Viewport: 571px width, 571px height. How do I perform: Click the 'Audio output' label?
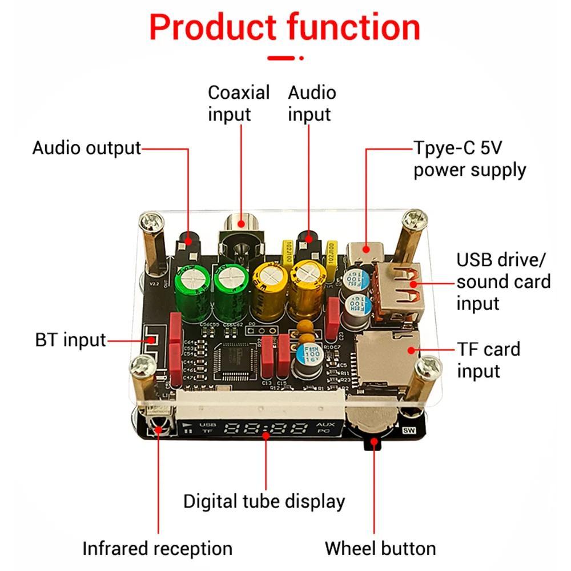(x=86, y=148)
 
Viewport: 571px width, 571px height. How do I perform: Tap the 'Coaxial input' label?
(x=238, y=103)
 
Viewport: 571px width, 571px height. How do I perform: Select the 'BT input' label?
(x=71, y=340)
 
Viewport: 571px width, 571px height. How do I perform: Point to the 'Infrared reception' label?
(x=157, y=549)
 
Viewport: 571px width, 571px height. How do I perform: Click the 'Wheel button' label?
(x=380, y=549)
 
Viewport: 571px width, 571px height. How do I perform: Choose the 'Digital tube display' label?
(x=264, y=501)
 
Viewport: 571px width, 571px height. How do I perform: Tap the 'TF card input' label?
(x=488, y=360)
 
